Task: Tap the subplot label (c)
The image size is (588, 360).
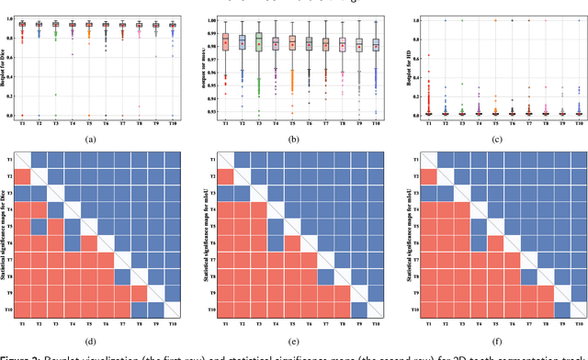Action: point(496,139)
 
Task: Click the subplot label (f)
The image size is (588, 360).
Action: point(496,340)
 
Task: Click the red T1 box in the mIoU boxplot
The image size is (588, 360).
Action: point(224,41)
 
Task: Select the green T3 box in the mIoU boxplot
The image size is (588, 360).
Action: point(259,42)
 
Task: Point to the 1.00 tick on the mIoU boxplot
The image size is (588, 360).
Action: point(210,19)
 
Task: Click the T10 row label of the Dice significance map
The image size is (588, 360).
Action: point(22,310)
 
